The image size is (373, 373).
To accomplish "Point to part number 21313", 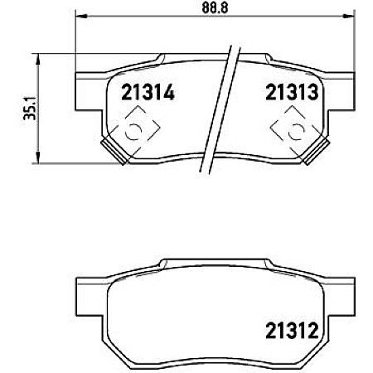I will click(x=293, y=93).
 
